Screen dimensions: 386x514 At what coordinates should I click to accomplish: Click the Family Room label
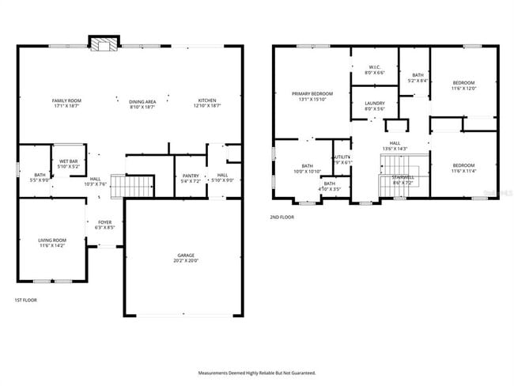(x=66, y=104)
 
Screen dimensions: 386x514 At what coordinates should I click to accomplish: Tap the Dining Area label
(x=142, y=104)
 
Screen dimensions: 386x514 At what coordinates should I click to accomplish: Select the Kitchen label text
(x=207, y=104)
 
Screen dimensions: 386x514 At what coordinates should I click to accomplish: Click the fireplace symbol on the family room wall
(x=101, y=45)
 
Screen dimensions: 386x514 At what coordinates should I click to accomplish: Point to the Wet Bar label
(x=68, y=164)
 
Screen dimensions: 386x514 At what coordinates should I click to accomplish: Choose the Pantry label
(x=190, y=179)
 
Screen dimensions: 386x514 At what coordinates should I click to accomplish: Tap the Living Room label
(x=53, y=243)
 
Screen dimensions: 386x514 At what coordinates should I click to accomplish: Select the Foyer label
(x=105, y=225)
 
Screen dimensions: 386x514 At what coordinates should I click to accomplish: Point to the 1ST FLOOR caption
(x=25, y=301)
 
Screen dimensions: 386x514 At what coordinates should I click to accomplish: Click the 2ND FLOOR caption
(x=282, y=216)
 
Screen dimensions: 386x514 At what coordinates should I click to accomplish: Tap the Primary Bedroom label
(x=311, y=96)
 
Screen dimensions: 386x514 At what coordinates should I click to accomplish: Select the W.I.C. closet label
(x=374, y=70)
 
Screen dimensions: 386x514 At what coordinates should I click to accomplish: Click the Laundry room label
(x=374, y=105)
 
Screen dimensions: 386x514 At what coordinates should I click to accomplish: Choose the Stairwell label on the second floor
(x=402, y=179)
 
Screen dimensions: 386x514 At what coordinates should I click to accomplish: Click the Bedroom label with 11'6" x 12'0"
(x=463, y=86)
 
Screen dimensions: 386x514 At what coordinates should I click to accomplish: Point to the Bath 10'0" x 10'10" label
(x=307, y=168)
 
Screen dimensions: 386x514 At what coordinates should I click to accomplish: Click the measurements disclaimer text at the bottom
(x=256, y=372)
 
